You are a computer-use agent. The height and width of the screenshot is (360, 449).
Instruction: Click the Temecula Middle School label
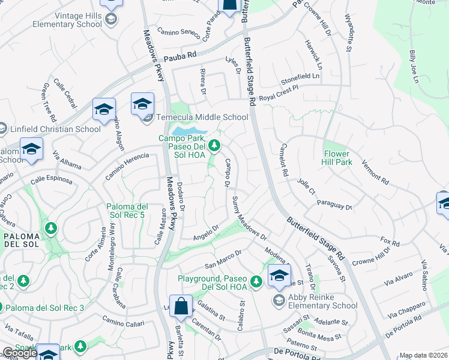[x=202, y=117]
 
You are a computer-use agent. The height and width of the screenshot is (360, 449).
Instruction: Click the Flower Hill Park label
[x=345, y=158]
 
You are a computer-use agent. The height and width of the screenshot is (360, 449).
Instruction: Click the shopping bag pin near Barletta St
[x=181, y=307]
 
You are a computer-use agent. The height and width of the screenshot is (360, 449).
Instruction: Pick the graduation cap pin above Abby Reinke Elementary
[x=279, y=276]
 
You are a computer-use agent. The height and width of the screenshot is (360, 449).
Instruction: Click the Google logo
[x=19, y=352]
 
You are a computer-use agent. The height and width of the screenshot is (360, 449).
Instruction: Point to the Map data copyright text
[x=424, y=355]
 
